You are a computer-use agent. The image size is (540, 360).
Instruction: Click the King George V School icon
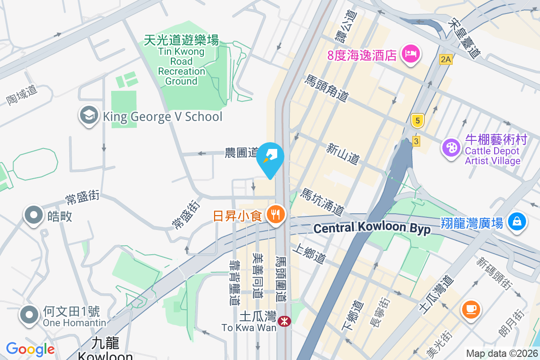[x=89, y=116]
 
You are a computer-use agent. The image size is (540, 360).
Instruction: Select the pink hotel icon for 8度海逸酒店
[x=410, y=54]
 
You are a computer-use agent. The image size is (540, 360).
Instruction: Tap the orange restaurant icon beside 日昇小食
[x=275, y=215]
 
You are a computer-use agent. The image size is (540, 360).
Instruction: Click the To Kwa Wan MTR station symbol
[x=284, y=321]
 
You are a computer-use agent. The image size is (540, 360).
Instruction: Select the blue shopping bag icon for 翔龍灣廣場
[x=517, y=221]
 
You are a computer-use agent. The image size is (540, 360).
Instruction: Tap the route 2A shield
[x=445, y=59]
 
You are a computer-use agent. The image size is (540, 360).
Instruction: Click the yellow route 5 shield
[x=418, y=121]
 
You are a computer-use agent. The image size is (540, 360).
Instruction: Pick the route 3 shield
[x=416, y=141]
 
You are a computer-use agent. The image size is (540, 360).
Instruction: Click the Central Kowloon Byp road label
[x=372, y=228]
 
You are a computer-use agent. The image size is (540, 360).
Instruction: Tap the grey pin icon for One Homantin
[x=30, y=315]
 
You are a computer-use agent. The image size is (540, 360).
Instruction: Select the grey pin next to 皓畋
[x=34, y=216]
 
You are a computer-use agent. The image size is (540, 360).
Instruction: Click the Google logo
[x=30, y=349]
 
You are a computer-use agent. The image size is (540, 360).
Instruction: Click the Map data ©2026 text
[x=502, y=354]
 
